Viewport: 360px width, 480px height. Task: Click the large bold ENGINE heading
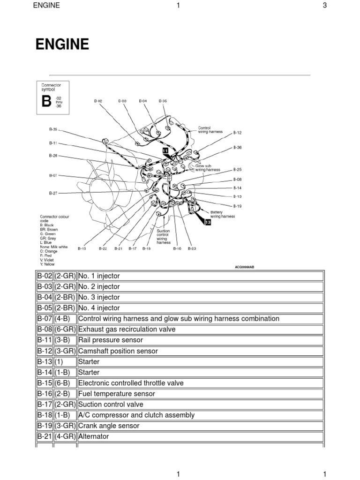(62, 45)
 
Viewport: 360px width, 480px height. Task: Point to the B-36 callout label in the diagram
(238, 147)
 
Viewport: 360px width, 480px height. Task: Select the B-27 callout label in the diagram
(53, 193)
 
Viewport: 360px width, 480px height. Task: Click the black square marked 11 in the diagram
(165, 150)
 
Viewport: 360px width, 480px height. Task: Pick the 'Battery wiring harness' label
(222, 214)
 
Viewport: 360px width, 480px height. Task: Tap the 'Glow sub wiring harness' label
(201, 167)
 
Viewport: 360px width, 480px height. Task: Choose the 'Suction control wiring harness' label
(163, 237)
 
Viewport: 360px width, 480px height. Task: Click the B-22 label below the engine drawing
(103, 249)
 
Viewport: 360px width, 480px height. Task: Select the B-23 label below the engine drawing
(192, 249)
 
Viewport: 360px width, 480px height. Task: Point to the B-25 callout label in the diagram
(238, 169)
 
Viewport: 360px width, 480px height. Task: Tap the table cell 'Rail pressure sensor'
(111, 340)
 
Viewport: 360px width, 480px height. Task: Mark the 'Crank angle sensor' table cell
(109, 426)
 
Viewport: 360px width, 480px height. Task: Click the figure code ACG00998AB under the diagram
(245, 267)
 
